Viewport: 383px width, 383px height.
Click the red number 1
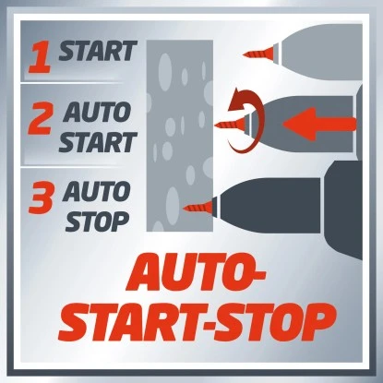[40, 58]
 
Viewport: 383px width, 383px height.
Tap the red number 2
[41, 119]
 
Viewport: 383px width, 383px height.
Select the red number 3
[41, 197]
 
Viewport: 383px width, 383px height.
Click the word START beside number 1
[98, 51]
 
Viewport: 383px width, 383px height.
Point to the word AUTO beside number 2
[97, 112]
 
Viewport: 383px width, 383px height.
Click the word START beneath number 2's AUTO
[98, 142]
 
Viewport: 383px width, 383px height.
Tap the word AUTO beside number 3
[96, 191]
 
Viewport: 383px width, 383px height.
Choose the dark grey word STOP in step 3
[97, 221]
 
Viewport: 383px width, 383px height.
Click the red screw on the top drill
[259, 53]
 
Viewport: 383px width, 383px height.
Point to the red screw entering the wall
[197, 207]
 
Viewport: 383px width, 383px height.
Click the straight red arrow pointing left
[319, 124]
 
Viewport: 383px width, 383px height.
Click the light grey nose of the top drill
[320, 51]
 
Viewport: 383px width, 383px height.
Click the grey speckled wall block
[180, 136]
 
